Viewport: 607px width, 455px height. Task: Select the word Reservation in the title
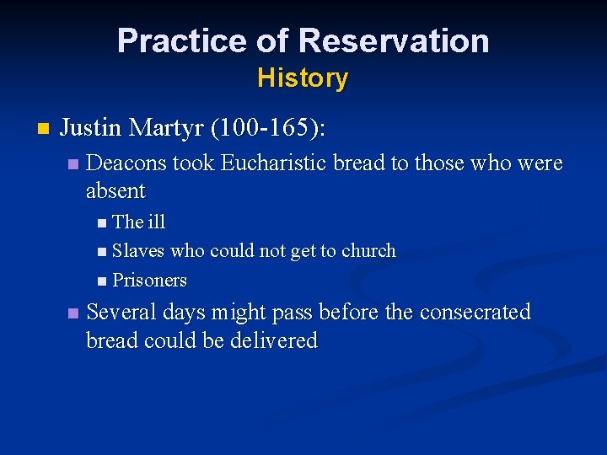point(394,40)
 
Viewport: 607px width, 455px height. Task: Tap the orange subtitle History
point(303,78)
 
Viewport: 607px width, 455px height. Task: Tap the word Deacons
point(126,163)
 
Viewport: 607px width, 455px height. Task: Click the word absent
point(115,191)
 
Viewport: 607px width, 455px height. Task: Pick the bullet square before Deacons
point(73,164)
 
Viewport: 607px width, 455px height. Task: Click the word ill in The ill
point(157,222)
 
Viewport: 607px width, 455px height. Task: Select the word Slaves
point(138,251)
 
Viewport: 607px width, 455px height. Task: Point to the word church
point(368,251)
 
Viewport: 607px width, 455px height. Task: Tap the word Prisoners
point(149,280)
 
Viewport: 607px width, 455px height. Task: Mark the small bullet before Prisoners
point(102,281)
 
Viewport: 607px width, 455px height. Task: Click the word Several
point(121,313)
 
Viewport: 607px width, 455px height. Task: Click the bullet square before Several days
point(73,313)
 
